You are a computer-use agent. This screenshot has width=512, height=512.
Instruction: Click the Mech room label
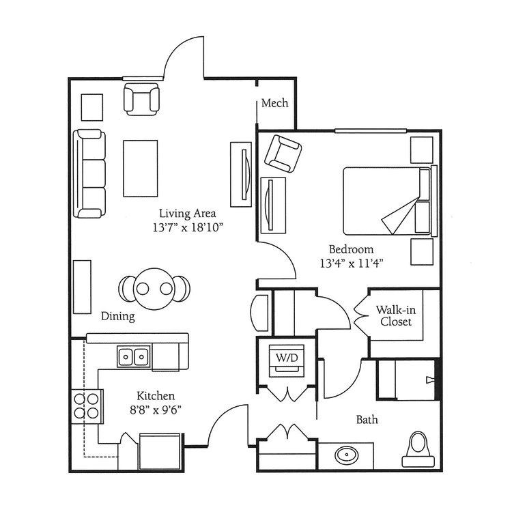point(275,104)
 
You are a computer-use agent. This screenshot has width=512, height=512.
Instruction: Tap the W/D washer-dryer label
point(285,357)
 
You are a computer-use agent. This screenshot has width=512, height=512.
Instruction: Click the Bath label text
point(367,420)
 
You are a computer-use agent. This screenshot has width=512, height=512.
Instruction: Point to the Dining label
point(117,317)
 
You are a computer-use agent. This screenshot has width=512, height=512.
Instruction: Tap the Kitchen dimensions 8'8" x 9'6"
point(156,409)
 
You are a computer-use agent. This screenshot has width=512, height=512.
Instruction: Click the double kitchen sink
point(134,356)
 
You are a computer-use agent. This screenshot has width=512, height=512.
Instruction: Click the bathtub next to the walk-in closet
point(406,380)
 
